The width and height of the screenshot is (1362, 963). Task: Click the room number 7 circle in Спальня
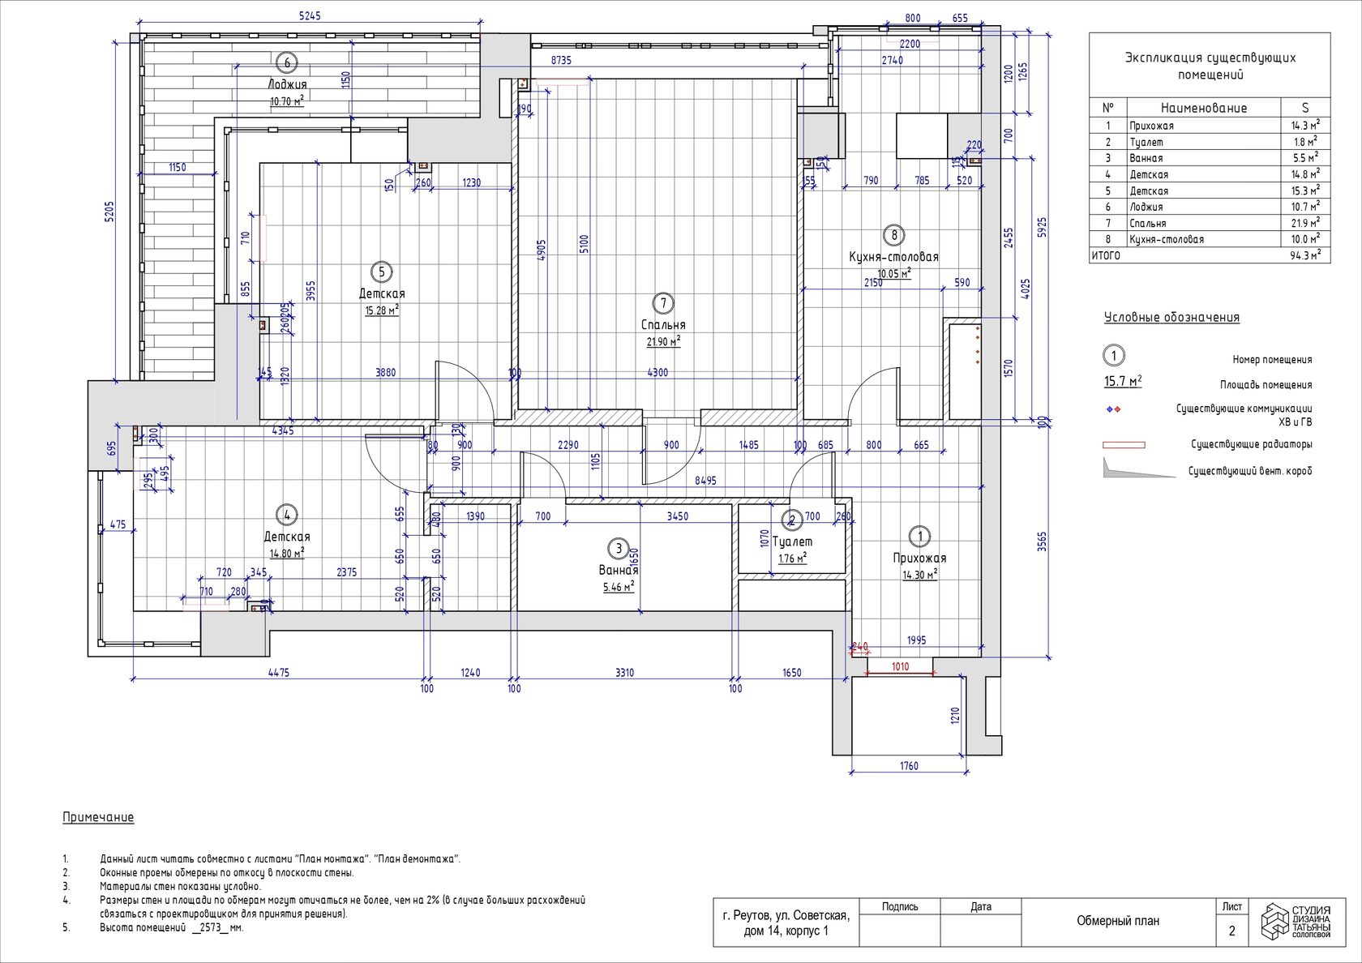tap(663, 303)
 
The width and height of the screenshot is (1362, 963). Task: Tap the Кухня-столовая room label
tap(893, 257)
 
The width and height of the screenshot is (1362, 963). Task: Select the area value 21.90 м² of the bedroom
tap(663, 342)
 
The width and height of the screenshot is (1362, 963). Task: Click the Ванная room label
tap(619, 570)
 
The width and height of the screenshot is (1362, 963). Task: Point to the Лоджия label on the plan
tap(287, 84)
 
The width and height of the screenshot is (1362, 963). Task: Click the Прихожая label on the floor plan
tap(919, 558)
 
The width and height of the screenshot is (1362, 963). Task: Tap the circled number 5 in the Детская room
tap(382, 272)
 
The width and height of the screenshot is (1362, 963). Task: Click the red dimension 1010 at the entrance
tap(900, 666)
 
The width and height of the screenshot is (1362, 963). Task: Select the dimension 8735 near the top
tap(561, 61)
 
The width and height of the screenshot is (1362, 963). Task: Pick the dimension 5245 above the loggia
tap(310, 16)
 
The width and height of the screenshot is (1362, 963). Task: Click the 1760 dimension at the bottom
tap(909, 765)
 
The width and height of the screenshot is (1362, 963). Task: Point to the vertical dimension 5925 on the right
tap(1042, 227)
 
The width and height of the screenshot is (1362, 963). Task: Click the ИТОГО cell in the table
tap(1106, 255)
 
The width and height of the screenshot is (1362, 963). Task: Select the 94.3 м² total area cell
tap(1304, 255)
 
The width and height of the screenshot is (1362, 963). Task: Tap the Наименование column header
tap(1203, 108)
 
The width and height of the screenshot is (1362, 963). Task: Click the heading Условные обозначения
tap(1171, 318)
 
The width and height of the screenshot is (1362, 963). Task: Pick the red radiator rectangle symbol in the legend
tap(1124, 445)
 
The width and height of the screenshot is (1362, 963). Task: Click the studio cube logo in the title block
tap(1274, 921)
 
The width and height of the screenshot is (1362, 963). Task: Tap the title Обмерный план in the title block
tap(1117, 921)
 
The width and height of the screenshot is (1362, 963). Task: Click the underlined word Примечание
tap(98, 817)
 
